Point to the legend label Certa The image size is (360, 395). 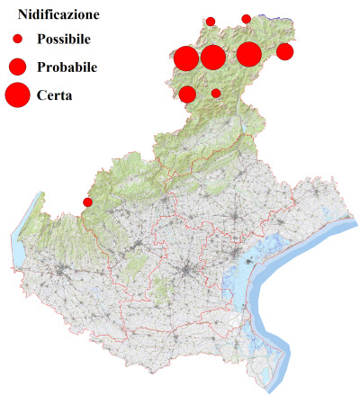(55, 94)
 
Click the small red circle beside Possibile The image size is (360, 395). (17, 40)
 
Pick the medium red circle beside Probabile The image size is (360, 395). (17, 67)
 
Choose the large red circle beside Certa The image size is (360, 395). (17, 94)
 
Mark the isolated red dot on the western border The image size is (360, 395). (87, 202)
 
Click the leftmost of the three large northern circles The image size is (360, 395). (186, 58)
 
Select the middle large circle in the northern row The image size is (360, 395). (213, 58)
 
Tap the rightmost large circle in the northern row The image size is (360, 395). (249, 54)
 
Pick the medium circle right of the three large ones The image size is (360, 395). (284, 51)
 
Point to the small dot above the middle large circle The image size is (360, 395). (211, 21)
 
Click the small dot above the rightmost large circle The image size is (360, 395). (247, 18)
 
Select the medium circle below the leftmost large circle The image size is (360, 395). (188, 94)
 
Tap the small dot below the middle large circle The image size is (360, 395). (216, 93)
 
